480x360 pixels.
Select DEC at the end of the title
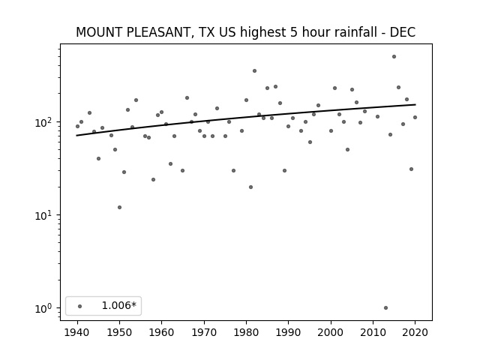(x=402, y=32)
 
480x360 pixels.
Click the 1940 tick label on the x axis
(x=77, y=332)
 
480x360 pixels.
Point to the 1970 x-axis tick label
(x=204, y=332)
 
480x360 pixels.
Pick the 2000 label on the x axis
(x=331, y=332)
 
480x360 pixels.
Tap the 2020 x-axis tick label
(x=415, y=332)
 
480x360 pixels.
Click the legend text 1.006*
(x=118, y=305)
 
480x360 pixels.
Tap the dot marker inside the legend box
(x=80, y=306)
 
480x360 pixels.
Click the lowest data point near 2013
(x=385, y=307)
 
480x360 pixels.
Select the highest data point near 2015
(x=394, y=57)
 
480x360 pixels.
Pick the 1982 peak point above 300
(x=254, y=70)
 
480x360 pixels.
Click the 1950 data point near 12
(x=119, y=207)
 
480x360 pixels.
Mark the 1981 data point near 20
(x=250, y=187)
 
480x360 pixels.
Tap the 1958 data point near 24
(x=153, y=179)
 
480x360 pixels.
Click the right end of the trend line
(x=415, y=105)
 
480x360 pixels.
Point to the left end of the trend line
(x=76, y=135)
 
